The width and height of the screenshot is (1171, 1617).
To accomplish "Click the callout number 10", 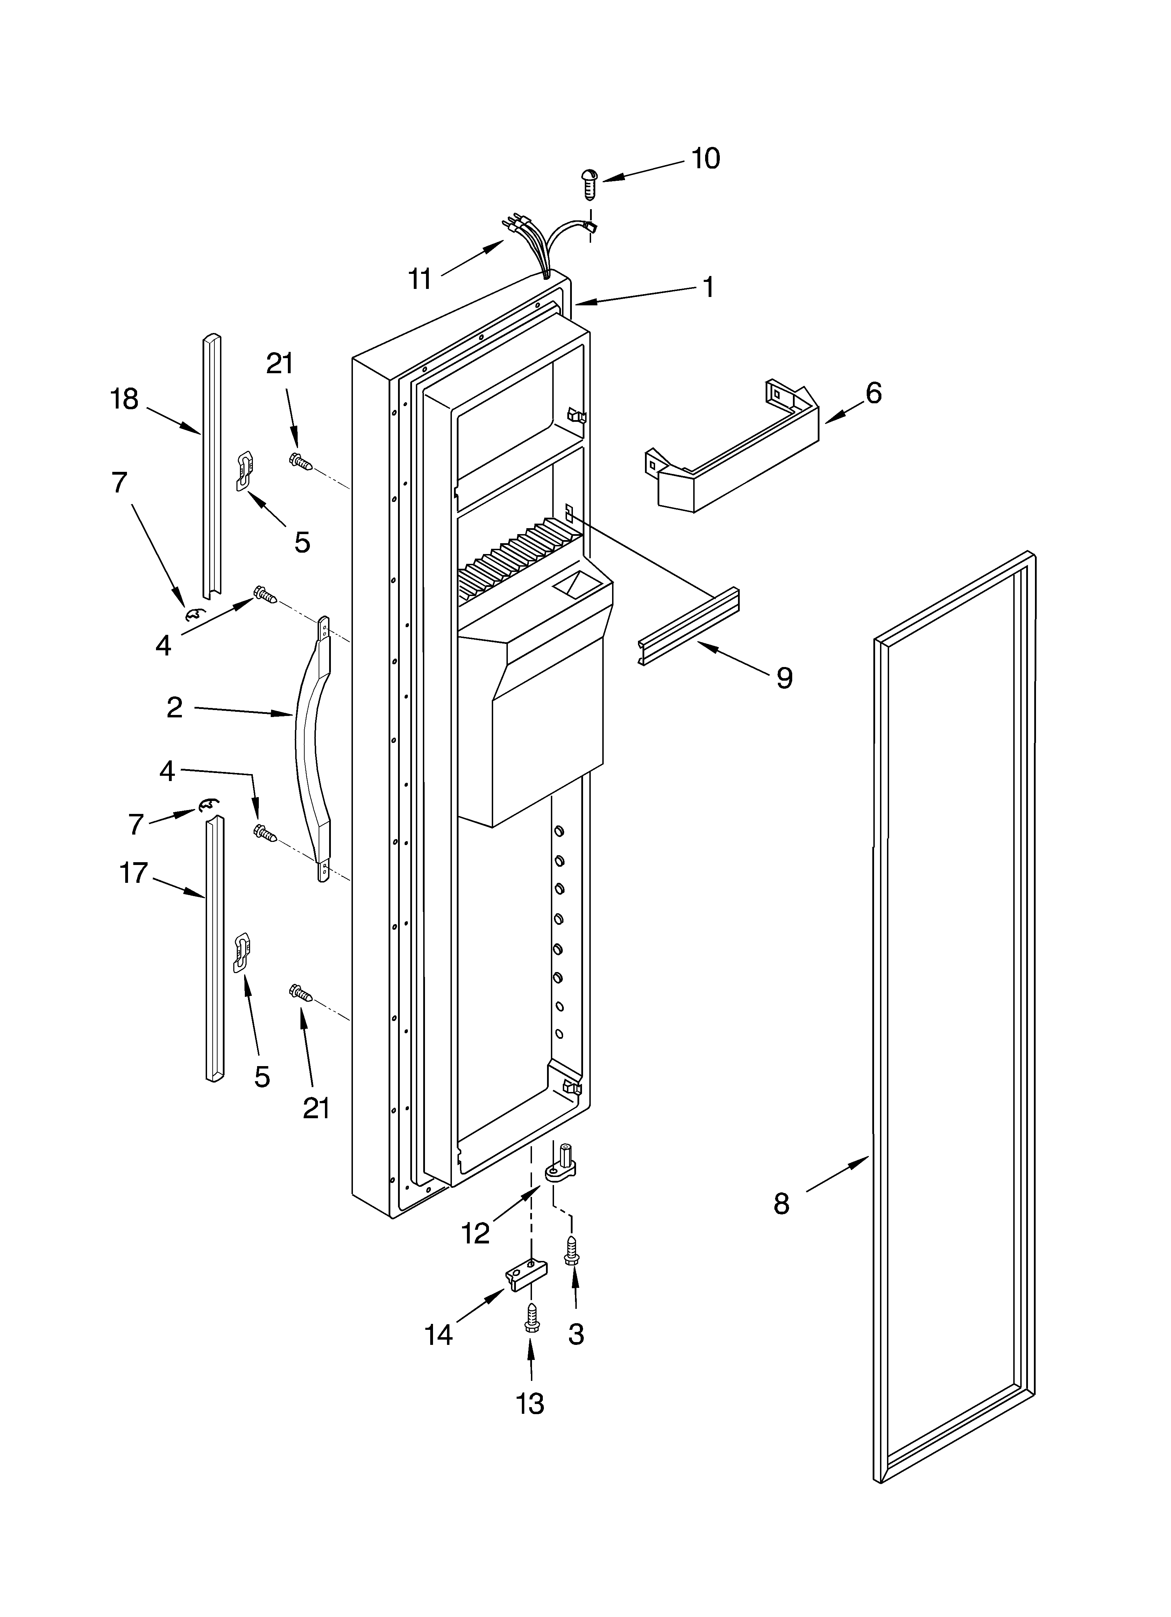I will click(705, 158).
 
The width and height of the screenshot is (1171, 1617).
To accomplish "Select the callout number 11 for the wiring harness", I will click(420, 279).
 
